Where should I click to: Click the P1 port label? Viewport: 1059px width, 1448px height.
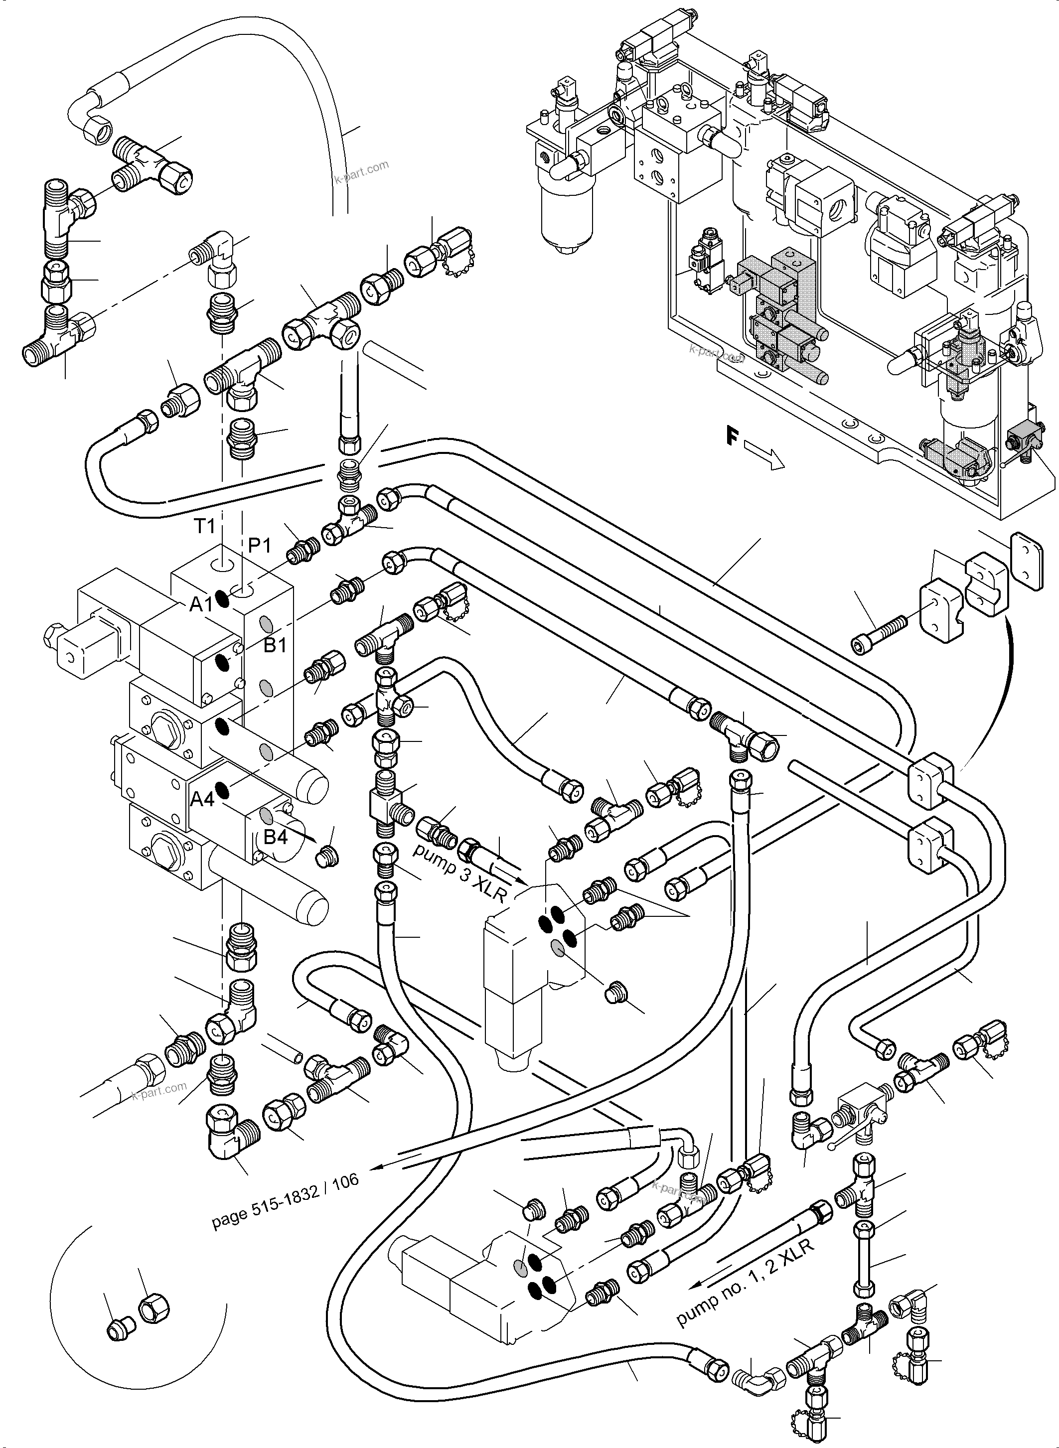tap(260, 546)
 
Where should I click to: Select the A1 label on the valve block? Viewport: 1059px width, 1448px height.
tap(201, 604)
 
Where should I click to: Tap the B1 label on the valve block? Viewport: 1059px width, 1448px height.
tap(275, 645)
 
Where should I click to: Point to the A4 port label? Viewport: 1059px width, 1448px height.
tap(202, 799)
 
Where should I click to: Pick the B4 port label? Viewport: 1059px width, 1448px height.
tap(276, 837)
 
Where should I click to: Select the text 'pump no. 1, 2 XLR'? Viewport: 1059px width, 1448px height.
tap(745, 1292)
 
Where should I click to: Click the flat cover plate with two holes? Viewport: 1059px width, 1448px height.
tap(1026, 562)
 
